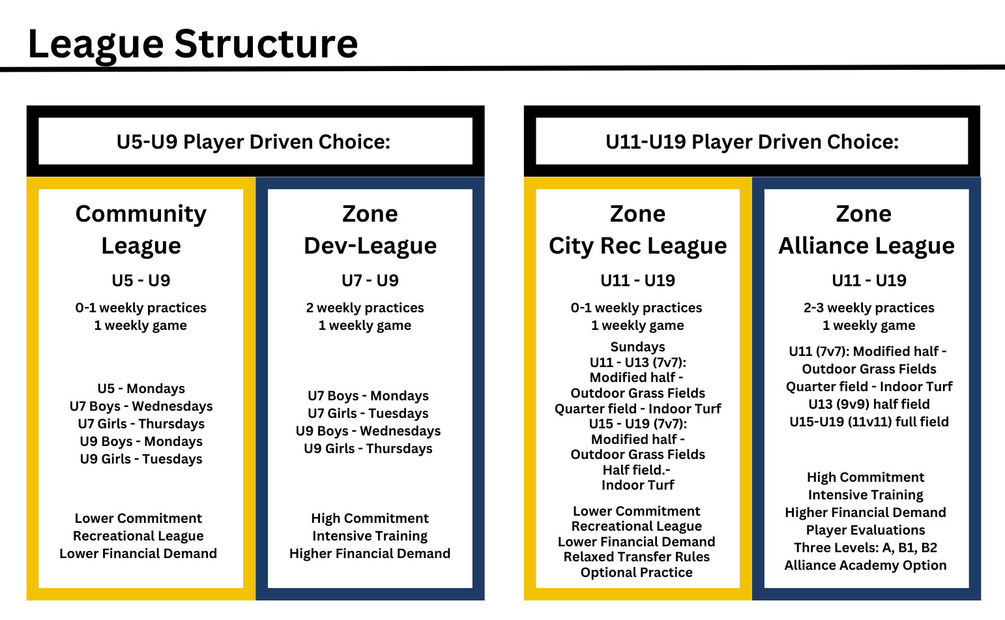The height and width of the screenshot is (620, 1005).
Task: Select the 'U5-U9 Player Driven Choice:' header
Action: point(254,142)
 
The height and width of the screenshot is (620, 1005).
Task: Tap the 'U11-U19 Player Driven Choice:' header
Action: point(752,142)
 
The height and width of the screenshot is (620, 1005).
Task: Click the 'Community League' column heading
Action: point(141,230)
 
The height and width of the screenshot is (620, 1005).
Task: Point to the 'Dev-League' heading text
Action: point(370,246)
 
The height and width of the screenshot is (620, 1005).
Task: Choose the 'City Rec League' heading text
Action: point(637,246)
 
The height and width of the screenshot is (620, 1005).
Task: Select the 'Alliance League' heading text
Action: point(866,246)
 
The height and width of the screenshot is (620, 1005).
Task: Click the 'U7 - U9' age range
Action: point(370,280)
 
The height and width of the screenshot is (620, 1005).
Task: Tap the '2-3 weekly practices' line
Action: point(869,308)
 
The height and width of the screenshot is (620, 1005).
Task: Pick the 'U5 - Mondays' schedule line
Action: point(141,389)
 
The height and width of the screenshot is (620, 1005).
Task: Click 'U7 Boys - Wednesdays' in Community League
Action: point(141,406)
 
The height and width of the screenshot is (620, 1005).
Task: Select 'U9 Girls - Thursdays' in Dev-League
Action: point(368,449)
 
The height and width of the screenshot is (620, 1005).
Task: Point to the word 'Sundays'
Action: point(637,347)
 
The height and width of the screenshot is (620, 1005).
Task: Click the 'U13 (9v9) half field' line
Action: point(869,404)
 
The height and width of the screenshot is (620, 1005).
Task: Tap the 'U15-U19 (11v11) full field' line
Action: point(869,422)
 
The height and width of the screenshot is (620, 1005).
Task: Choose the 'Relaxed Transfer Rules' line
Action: point(636,557)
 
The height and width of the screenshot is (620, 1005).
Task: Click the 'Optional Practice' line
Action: point(636,573)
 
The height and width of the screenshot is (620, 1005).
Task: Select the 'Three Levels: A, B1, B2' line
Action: point(866,548)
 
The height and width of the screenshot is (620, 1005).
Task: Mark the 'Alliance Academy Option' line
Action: point(866,566)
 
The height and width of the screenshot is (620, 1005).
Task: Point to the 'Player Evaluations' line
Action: point(866,530)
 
